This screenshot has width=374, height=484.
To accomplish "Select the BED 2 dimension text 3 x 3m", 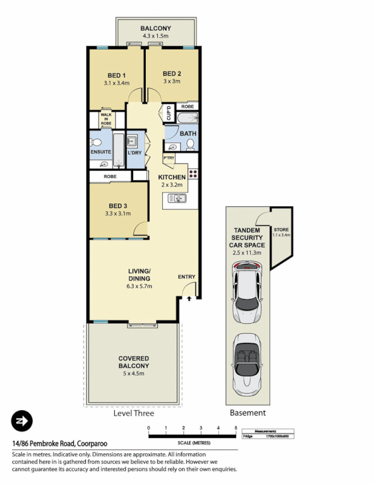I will (172, 81).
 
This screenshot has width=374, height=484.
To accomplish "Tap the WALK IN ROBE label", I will (107, 119).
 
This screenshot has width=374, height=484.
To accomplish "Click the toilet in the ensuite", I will (95, 143).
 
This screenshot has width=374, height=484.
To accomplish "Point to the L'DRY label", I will (135, 152).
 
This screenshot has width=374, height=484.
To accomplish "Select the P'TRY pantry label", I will (168, 159).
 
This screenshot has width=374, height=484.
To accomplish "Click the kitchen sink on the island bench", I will (180, 198).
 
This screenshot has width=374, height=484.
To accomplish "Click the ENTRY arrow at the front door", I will (189, 298).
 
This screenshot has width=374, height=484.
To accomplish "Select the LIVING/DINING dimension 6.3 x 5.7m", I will (139, 286).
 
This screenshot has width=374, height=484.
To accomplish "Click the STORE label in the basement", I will (281, 230).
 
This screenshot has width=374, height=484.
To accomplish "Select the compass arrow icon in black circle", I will (22, 420).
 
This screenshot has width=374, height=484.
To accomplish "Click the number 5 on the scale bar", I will (235, 428).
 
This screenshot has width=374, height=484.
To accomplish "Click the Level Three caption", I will (134, 413).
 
